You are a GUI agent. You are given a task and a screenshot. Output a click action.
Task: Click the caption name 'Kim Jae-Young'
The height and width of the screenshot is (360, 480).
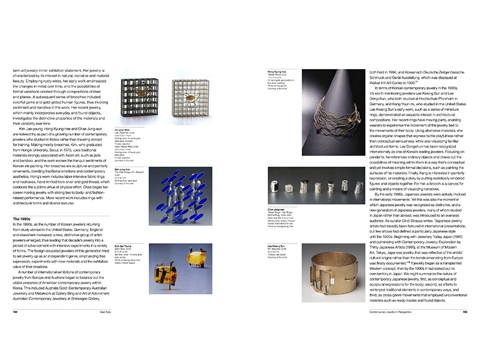[x=131, y=263]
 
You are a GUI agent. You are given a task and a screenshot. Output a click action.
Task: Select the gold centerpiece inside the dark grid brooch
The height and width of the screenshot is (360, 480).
[x=140, y=96]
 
